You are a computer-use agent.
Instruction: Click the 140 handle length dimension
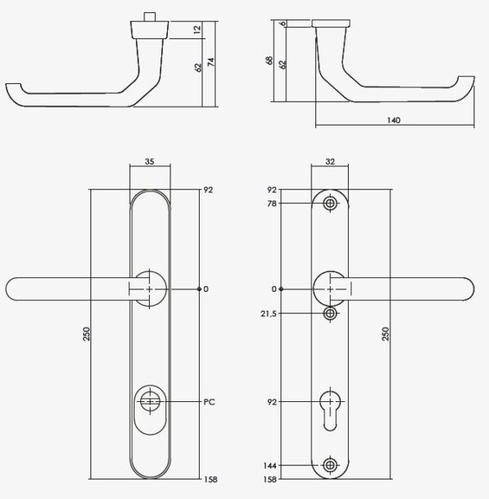coord(394,121)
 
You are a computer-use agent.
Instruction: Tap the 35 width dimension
coord(149,161)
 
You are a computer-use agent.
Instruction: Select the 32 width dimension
coord(330,161)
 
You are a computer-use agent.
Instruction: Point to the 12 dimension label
coord(197,29)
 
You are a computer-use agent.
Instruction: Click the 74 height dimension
coord(211,62)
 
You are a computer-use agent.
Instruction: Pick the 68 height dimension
coord(269,60)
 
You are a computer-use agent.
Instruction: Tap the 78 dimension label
coord(272,204)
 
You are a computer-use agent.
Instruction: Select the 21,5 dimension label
coord(268,314)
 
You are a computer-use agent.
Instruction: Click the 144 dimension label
coord(270,466)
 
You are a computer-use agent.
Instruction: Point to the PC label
coord(209,402)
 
